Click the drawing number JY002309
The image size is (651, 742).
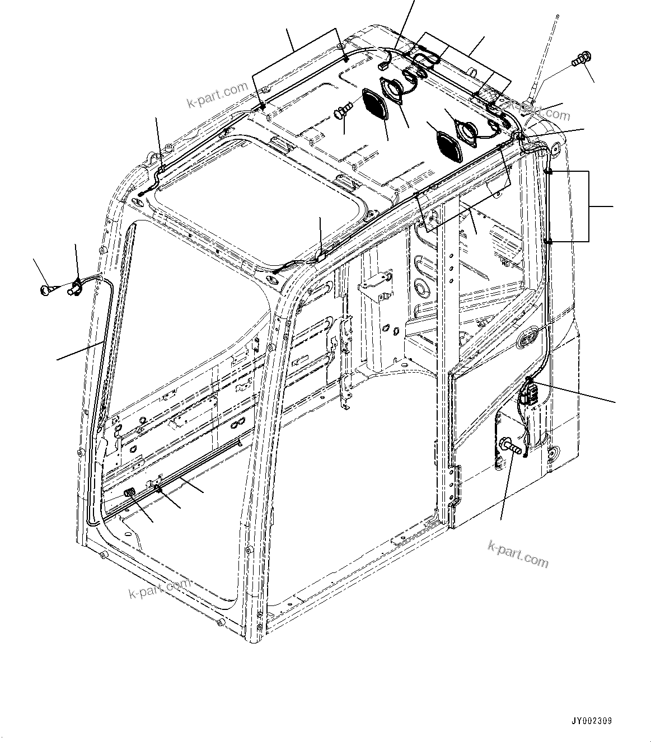coord(592,721)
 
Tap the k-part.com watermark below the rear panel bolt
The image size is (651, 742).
coord(518,553)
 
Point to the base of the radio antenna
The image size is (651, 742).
coord(528,104)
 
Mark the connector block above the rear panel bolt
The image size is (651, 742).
coord(529,394)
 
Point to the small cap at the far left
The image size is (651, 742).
coord(46,289)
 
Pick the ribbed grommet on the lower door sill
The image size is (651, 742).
coord(130,492)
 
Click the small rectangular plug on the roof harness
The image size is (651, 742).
coord(383,65)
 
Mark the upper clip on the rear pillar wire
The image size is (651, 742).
coord(548,171)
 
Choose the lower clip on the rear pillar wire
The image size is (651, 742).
coord(548,241)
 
